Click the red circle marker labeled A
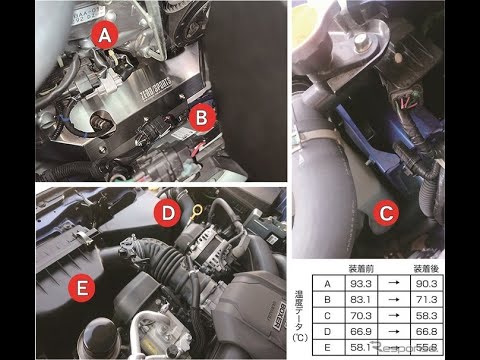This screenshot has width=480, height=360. [x=104, y=37]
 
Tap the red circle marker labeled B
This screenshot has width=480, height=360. [x=203, y=118]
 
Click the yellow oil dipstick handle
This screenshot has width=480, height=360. [x=198, y=211]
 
